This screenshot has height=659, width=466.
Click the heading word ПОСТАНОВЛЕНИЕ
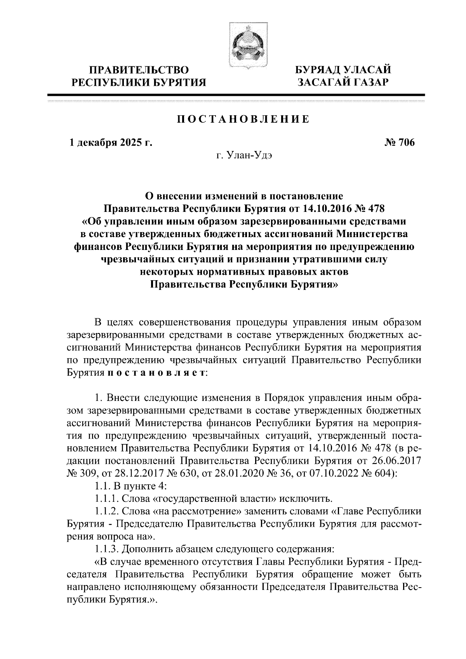coord(243,119)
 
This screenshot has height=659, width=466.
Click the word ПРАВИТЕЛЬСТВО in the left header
coord(140,70)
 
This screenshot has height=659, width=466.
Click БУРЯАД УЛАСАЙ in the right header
coord(342,70)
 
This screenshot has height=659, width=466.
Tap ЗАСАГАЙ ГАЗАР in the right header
coord(342,82)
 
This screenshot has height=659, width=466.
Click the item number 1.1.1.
coord(105,498)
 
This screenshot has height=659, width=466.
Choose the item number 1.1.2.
coord(105,511)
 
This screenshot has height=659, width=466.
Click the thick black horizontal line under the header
coord(236,94)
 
